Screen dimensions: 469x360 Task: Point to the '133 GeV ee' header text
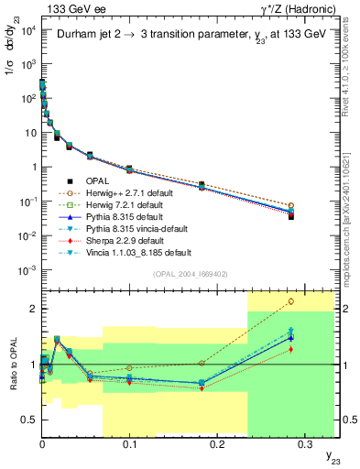pyautogui.click(x=65, y=8)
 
